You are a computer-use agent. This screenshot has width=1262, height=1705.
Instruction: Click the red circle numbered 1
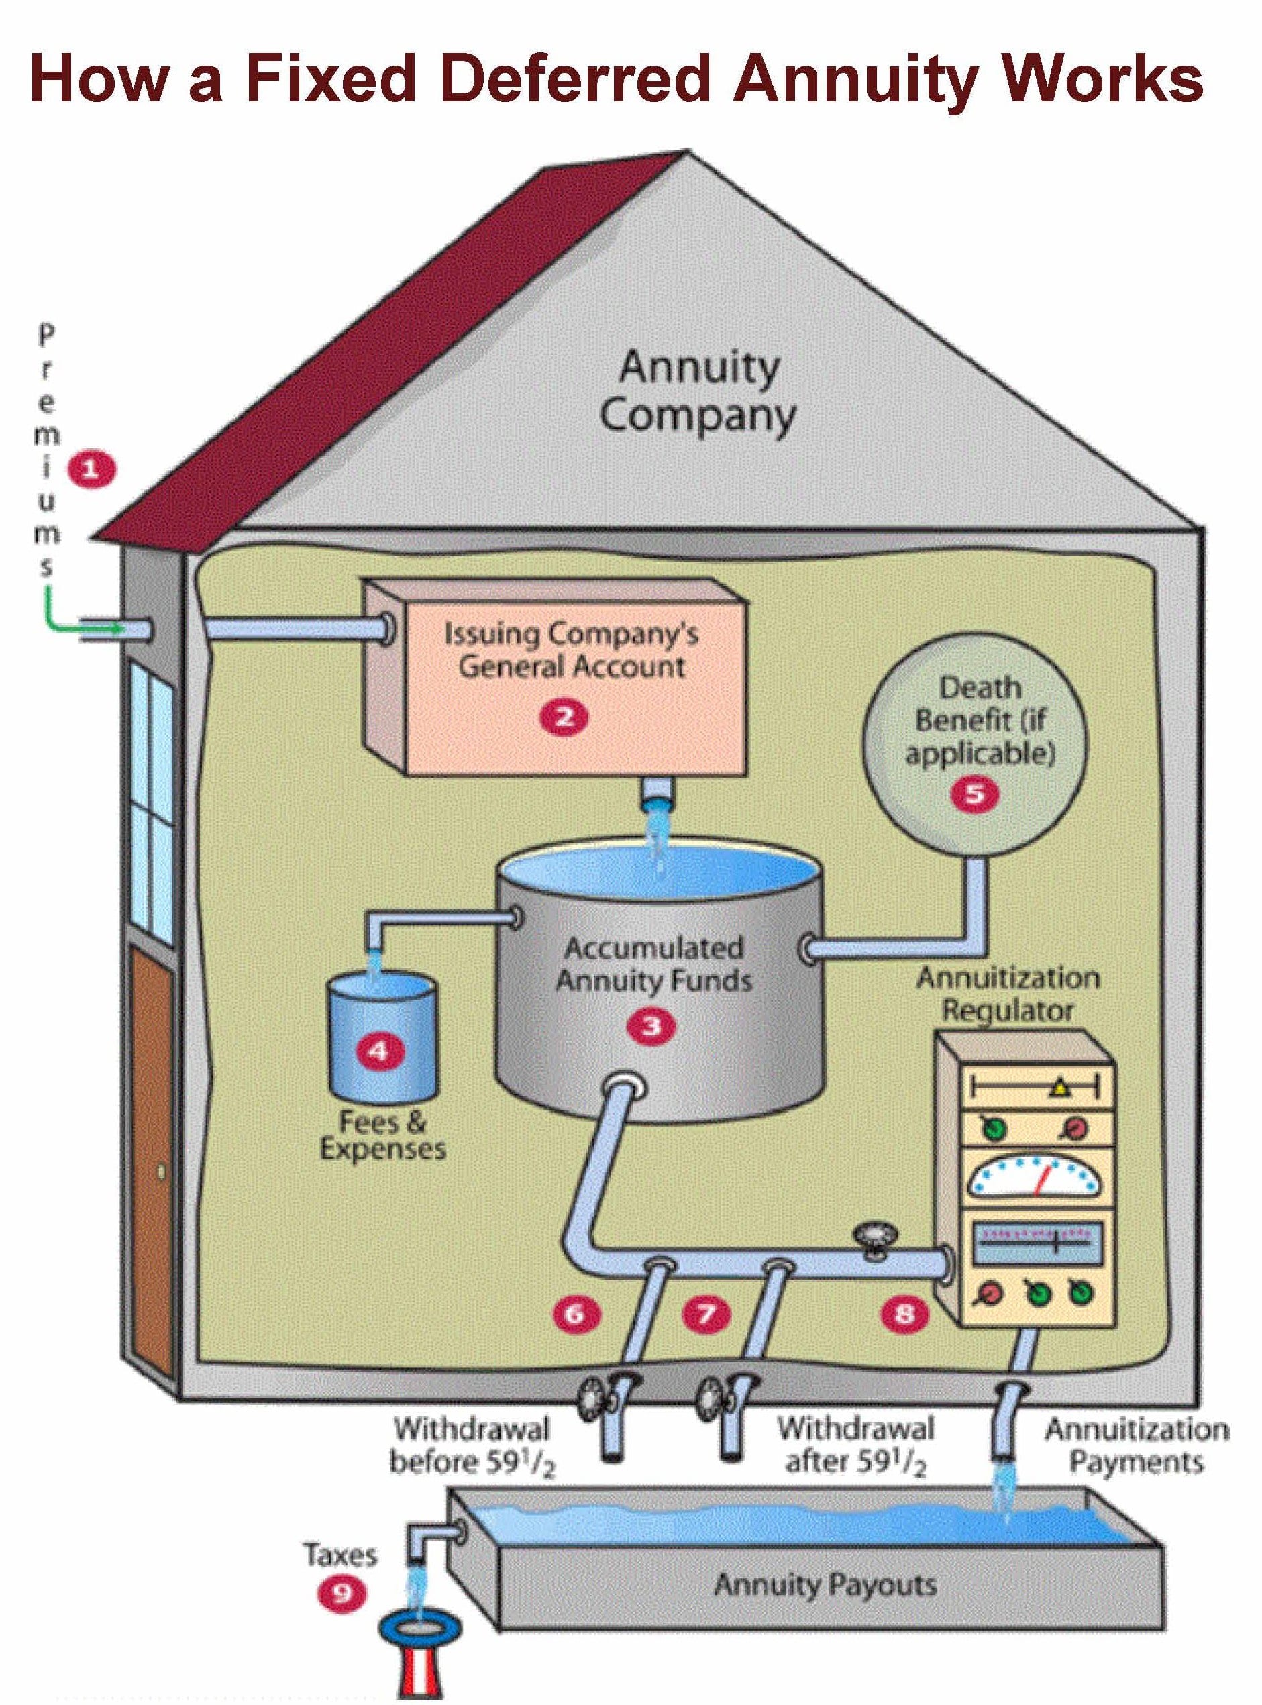pos(91,469)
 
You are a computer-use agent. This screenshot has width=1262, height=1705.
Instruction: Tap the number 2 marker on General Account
pos(564,717)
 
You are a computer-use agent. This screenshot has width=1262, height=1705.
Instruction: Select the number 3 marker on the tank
pos(651,1026)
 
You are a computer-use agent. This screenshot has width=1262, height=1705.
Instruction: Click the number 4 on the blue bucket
pos(379,1051)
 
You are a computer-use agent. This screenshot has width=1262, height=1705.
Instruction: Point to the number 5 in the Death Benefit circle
pos(975,794)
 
